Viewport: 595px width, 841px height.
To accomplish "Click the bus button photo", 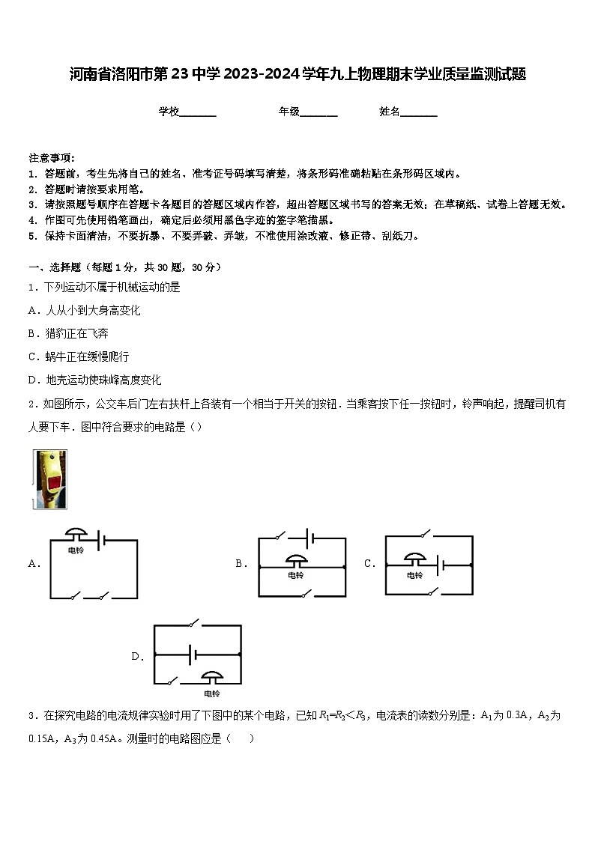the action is click(x=49, y=479).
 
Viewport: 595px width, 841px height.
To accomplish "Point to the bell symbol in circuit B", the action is click(x=296, y=561).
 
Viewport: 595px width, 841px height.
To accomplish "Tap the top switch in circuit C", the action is click(x=426, y=534).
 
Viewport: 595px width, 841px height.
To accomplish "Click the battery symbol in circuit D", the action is click(x=193, y=655).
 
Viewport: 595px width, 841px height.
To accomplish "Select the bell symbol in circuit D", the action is click(x=214, y=676).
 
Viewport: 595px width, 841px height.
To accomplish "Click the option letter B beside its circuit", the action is click(x=241, y=564).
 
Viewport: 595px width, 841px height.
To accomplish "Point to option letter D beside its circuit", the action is click(x=137, y=657).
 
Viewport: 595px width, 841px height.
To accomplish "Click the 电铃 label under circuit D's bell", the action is click(x=214, y=693).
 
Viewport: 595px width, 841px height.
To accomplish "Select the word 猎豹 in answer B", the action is click(x=55, y=333).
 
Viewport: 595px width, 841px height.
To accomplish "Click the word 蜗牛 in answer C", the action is click(x=55, y=356).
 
